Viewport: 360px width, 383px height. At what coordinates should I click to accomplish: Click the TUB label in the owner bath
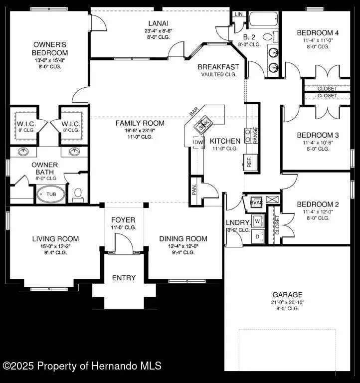pos(51,194)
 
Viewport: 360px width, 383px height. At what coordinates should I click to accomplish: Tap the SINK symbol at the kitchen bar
pos(203,125)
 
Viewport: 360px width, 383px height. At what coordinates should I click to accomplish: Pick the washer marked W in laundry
pos(257,220)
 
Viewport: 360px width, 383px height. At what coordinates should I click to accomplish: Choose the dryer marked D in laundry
pos(257,236)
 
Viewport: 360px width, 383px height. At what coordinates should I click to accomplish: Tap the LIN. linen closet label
pos(239,14)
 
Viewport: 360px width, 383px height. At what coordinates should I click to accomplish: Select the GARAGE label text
pos(287,295)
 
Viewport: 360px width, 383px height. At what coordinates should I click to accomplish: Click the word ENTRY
pos(123,278)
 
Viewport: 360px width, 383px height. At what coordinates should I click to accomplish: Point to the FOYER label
pos(123,220)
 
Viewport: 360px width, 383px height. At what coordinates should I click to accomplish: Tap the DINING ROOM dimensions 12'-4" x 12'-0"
pos(183,246)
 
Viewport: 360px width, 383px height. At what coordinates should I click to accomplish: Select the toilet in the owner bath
pos(77,193)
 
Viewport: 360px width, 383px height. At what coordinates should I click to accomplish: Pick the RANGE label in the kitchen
pos(255,135)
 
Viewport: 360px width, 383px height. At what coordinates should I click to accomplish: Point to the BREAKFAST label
pos(218,67)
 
